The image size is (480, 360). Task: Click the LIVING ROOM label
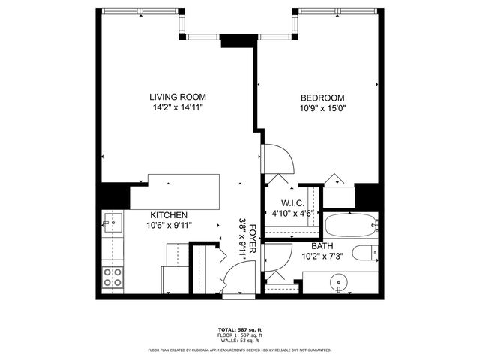tap(177, 97)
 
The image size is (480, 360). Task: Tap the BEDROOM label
tap(322, 97)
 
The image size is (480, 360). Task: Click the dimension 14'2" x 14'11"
tap(177, 108)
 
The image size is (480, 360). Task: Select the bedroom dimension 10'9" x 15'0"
tap(322, 109)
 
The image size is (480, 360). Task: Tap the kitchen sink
tap(115, 223)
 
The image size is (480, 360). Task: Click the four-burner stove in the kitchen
tap(112, 277)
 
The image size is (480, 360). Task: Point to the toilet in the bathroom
tap(366, 253)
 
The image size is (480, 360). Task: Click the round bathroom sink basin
tap(340, 285)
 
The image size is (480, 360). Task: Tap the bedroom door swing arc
tap(279, 159)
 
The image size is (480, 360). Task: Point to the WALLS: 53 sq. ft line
tap(240, 340)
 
